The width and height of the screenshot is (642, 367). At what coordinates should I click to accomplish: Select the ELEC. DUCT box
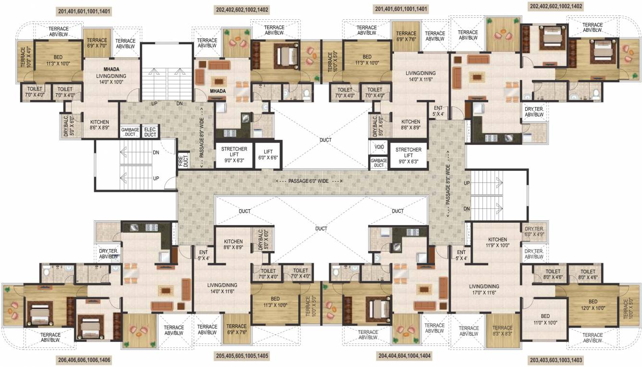(x=150, y=132)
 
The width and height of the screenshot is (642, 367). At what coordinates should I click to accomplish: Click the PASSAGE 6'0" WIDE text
(x=309, y=181)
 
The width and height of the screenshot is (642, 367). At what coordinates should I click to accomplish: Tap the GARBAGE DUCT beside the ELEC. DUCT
(x=130, y=132)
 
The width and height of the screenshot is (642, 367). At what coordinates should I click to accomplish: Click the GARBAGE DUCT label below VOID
(x=379, y=163)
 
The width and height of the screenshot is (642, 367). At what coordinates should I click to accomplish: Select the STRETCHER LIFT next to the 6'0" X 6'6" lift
(x=234, y=155)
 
